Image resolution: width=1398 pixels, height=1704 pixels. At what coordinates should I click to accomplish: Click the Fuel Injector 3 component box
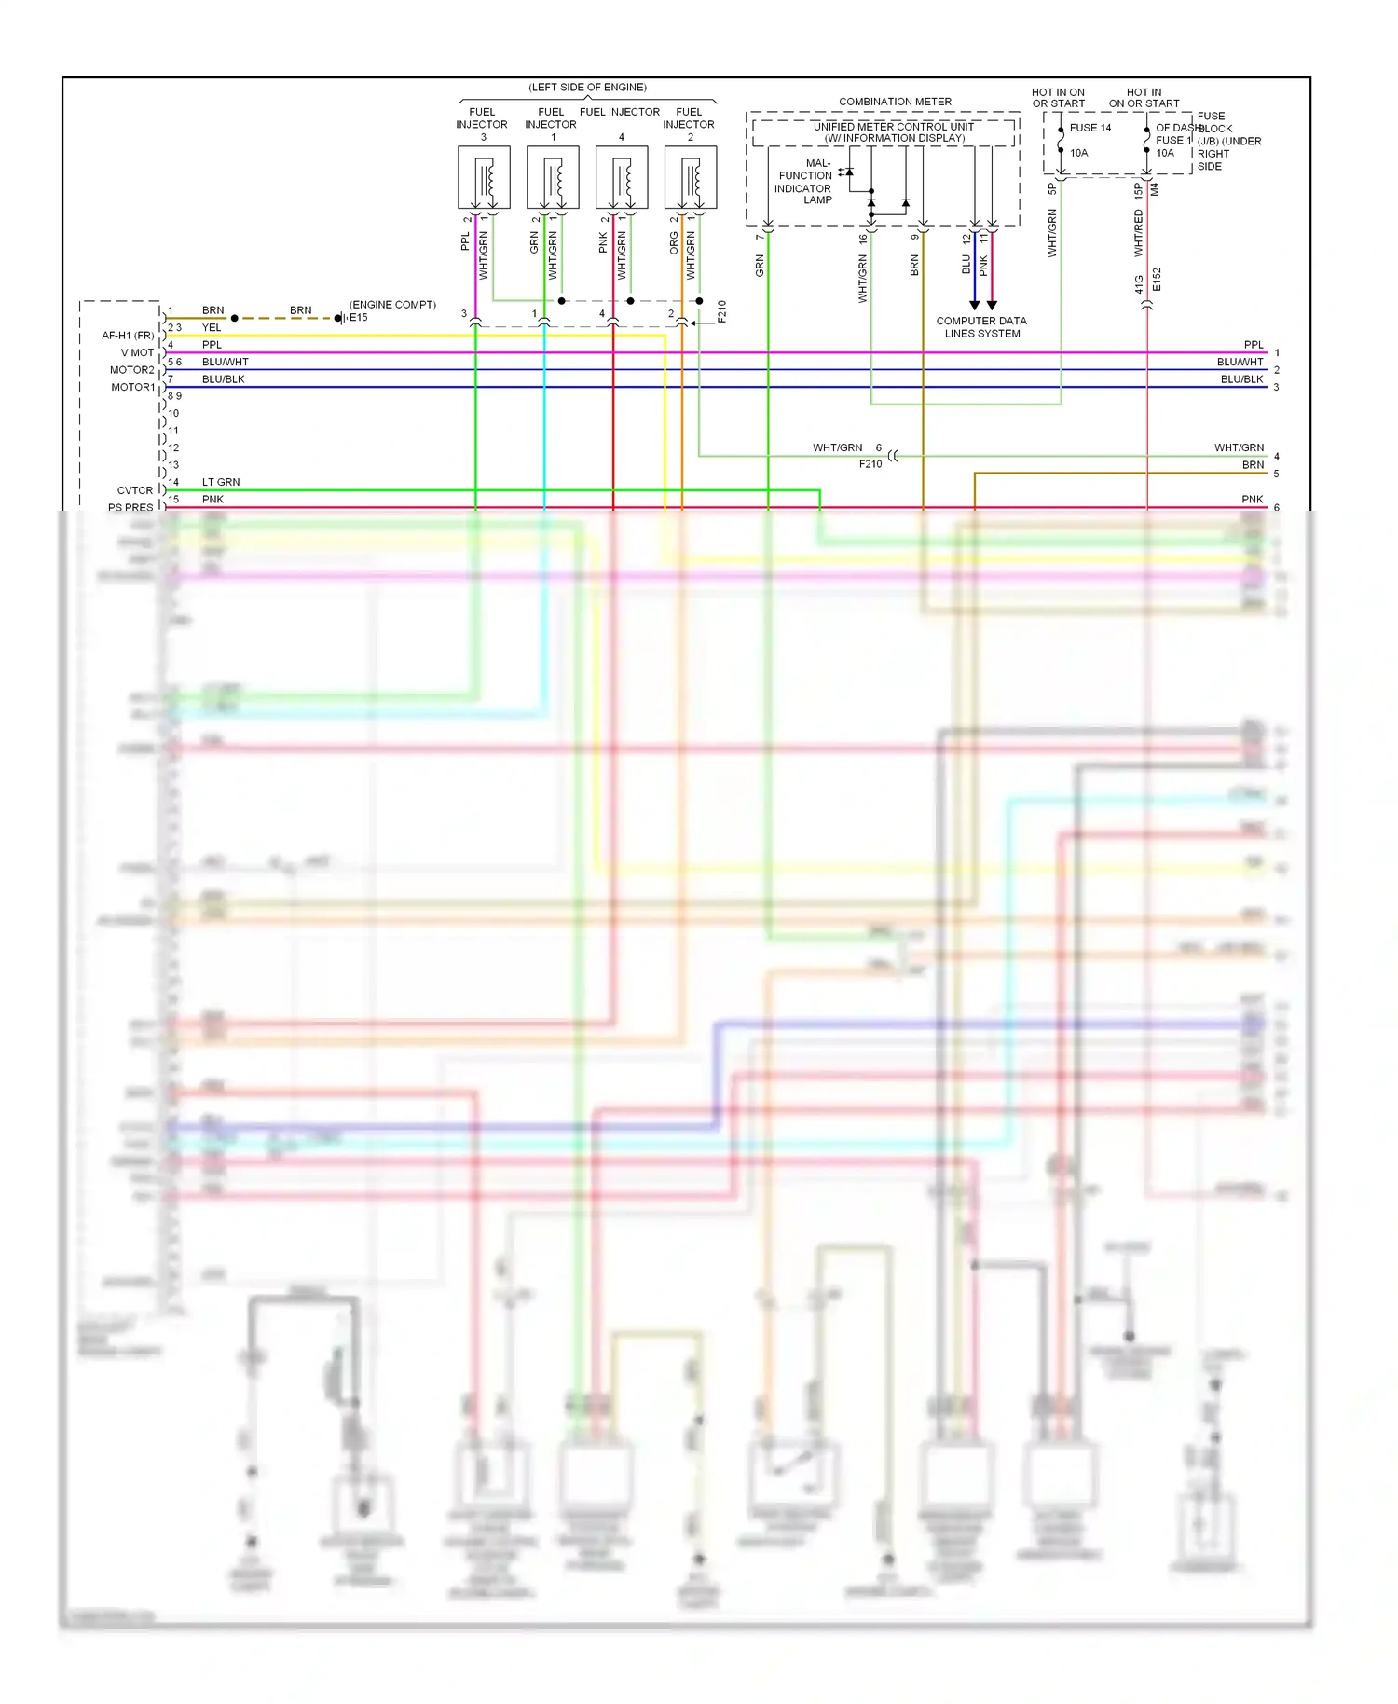(484, 177)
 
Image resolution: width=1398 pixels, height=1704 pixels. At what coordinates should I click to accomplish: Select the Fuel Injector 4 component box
(622, 177)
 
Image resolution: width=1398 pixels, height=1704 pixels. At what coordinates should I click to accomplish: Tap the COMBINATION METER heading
(895, 102)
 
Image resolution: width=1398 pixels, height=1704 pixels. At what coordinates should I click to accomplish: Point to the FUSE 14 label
(1090, 128)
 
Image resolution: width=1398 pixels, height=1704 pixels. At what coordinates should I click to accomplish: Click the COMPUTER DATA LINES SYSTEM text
(981, 327)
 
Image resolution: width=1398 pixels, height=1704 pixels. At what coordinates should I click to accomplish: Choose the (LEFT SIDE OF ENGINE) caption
(587, 88)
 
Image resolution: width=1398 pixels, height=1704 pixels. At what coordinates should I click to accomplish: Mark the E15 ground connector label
(359, 318)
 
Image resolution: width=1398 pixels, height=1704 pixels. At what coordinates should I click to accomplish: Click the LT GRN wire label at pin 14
(221, 482)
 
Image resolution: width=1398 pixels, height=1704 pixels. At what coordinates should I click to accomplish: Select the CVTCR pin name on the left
(135, 490)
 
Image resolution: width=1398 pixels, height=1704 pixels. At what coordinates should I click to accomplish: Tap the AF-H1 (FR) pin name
(128, 336)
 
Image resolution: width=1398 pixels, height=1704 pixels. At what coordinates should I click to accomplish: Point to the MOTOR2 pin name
(132, 370)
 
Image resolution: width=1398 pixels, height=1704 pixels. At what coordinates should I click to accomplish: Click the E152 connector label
(1157, 280)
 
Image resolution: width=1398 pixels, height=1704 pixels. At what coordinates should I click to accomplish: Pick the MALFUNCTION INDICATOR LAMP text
(805, 182)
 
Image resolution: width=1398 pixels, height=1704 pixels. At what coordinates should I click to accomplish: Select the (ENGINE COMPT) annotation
(392, 305)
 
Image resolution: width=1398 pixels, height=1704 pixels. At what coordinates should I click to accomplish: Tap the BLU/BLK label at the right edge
(1241, 379)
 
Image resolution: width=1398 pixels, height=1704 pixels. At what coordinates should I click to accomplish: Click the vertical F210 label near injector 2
(721, 311)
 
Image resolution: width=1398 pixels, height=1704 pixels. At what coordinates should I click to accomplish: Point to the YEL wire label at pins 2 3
(212, 328)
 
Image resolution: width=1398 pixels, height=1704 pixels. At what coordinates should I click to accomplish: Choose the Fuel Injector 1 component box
(553, 177)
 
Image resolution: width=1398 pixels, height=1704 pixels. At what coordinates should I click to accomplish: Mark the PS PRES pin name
(130, 508)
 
